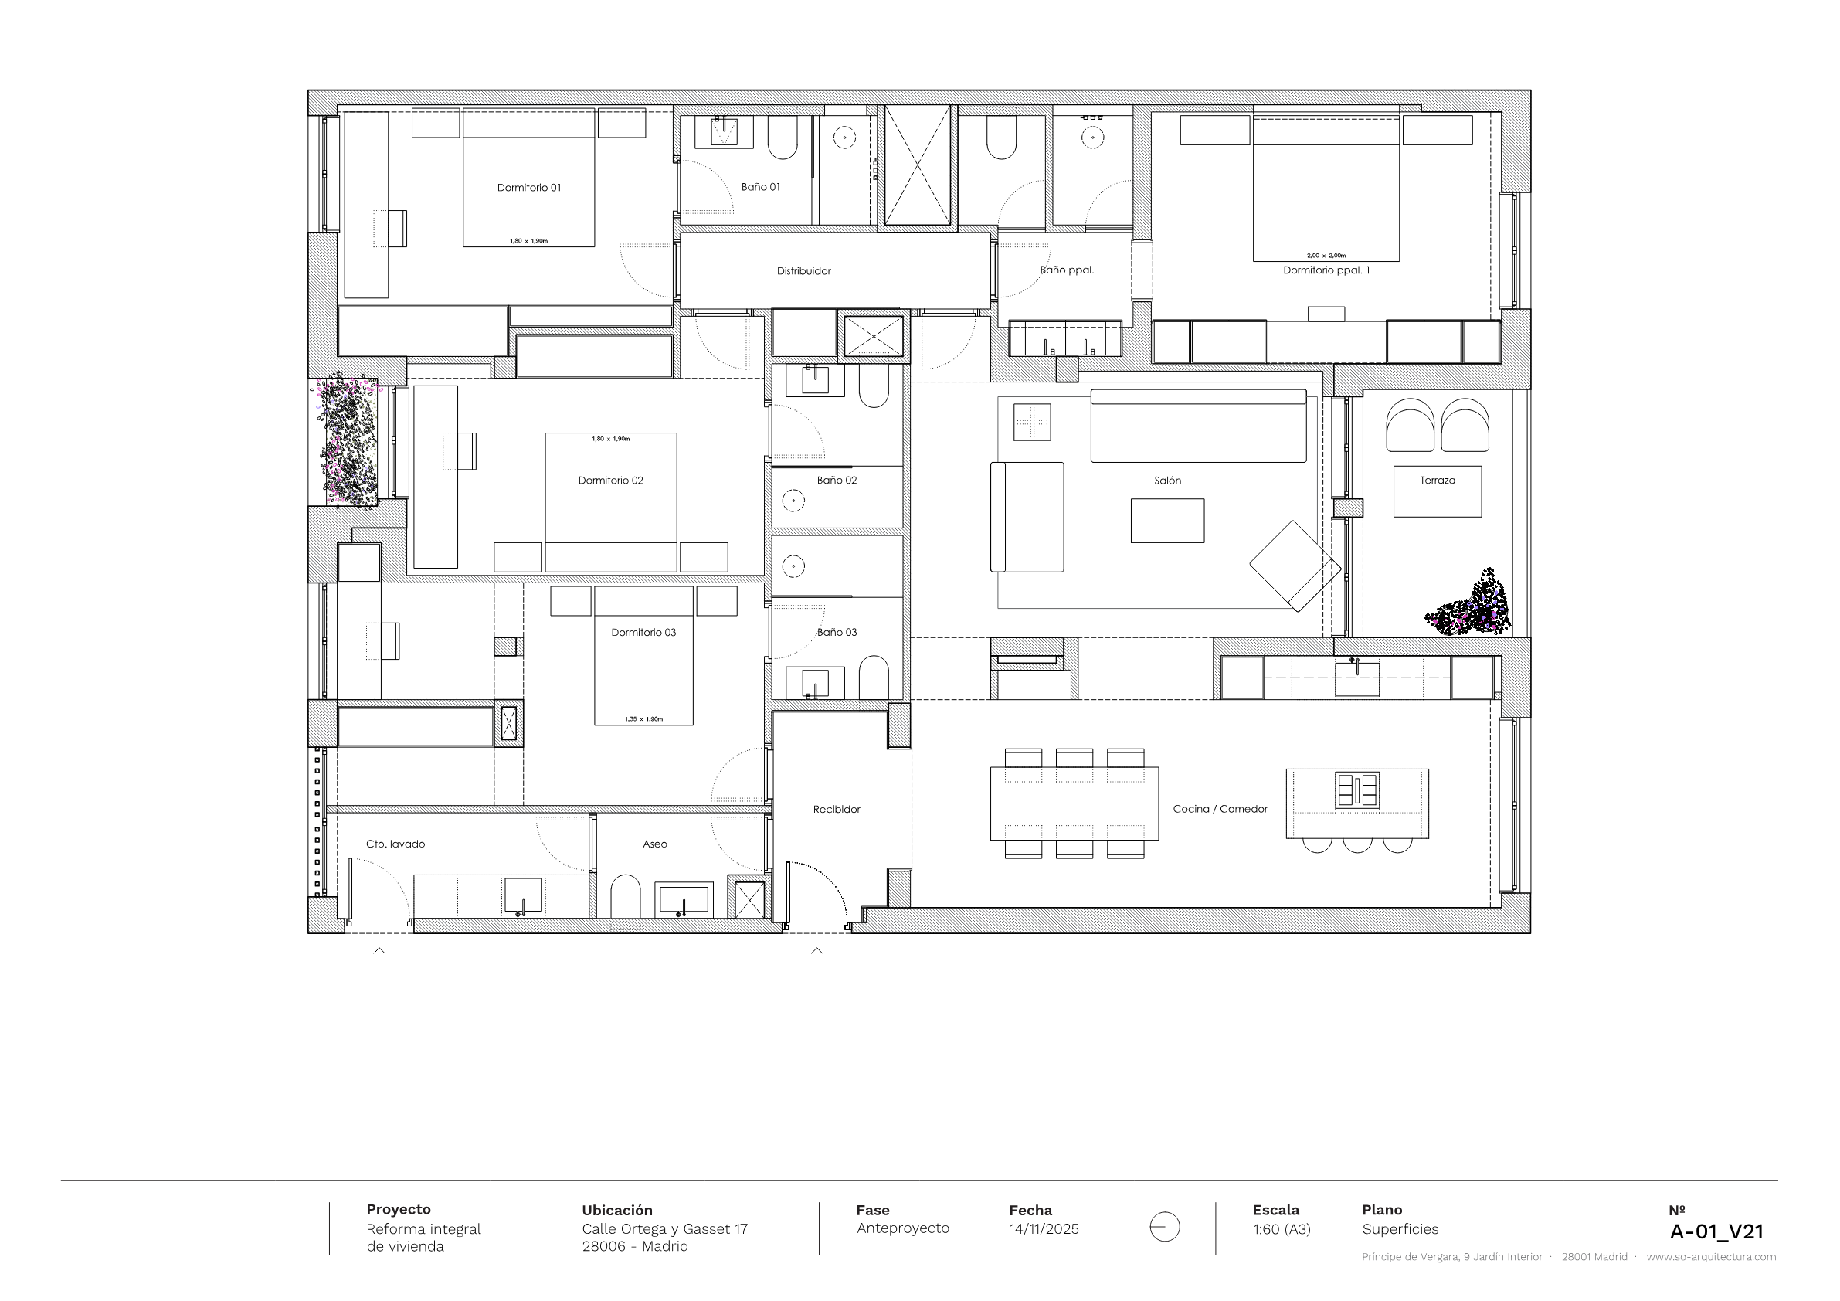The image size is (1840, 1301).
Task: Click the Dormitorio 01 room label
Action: (x=529, y=188)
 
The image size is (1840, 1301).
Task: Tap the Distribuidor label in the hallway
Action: (x=804, y=271)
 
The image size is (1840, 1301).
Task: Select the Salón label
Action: (x=1168, y=481)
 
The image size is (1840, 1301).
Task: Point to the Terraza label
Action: (x=1438, y=481)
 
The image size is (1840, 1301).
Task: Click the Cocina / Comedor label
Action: (x=1220, y=809)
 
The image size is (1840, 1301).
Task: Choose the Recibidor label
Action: (x=837, y=809)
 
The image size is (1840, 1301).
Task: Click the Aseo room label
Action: (x=655, y=844)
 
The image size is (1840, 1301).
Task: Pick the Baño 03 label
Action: (x=837, y=633)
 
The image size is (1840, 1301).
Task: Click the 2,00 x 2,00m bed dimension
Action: (x=1326, y=256)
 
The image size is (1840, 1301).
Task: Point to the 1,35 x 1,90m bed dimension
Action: (x=643, y=719)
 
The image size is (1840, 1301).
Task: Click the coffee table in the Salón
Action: (x=1168, y=521)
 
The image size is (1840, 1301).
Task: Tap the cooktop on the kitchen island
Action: (x=1356, y=790)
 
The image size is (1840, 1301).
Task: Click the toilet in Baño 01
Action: (x=783, y=138)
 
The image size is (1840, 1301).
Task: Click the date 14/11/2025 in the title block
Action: (x=1044, y=1229)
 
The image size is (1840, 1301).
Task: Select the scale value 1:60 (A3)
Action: (x=1282, y=1230)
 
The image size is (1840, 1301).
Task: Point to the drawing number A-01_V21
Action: (x=1716, y=1231)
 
